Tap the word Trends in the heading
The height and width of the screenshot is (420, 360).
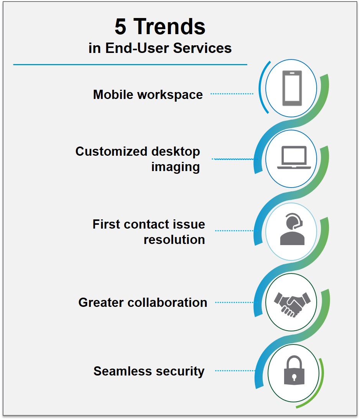[x=170, y=27]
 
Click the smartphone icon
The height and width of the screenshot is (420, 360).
[x=292, y=88]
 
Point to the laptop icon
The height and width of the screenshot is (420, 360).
[x=294, y=158]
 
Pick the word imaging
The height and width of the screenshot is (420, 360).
[x=175, y=167]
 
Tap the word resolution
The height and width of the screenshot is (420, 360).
[x=174, y=239]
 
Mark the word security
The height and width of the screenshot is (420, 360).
[x=180, y=371]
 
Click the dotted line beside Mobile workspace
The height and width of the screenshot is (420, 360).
[x=232, y=94]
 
